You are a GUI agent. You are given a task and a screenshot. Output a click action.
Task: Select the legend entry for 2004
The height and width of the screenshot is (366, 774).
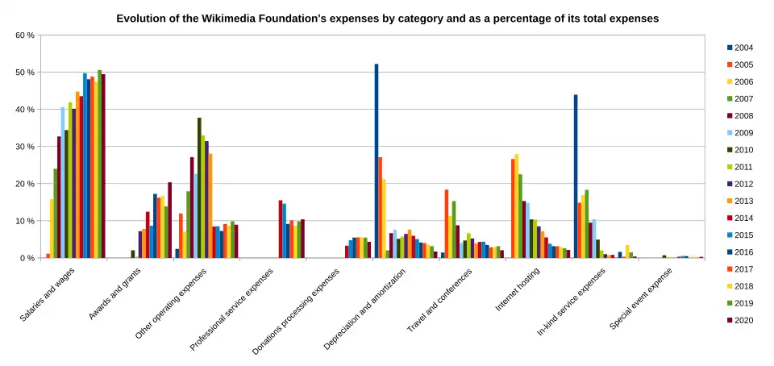743,48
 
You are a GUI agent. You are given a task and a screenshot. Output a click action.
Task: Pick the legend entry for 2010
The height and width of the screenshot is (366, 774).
743,149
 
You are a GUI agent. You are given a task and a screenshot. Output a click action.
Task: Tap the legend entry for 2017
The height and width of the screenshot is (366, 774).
743,268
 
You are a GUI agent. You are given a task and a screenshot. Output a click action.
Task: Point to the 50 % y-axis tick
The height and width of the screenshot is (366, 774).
25,73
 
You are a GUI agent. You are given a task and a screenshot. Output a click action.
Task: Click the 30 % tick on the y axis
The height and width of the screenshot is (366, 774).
25,147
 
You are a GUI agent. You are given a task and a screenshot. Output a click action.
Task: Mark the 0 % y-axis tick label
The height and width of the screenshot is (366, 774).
27,258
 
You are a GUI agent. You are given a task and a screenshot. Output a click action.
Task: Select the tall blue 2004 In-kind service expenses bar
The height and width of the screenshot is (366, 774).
576,177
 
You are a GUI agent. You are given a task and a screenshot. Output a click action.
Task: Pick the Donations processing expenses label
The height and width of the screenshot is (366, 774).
294,311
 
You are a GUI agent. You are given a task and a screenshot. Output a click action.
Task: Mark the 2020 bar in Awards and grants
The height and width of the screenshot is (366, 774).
169,220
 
